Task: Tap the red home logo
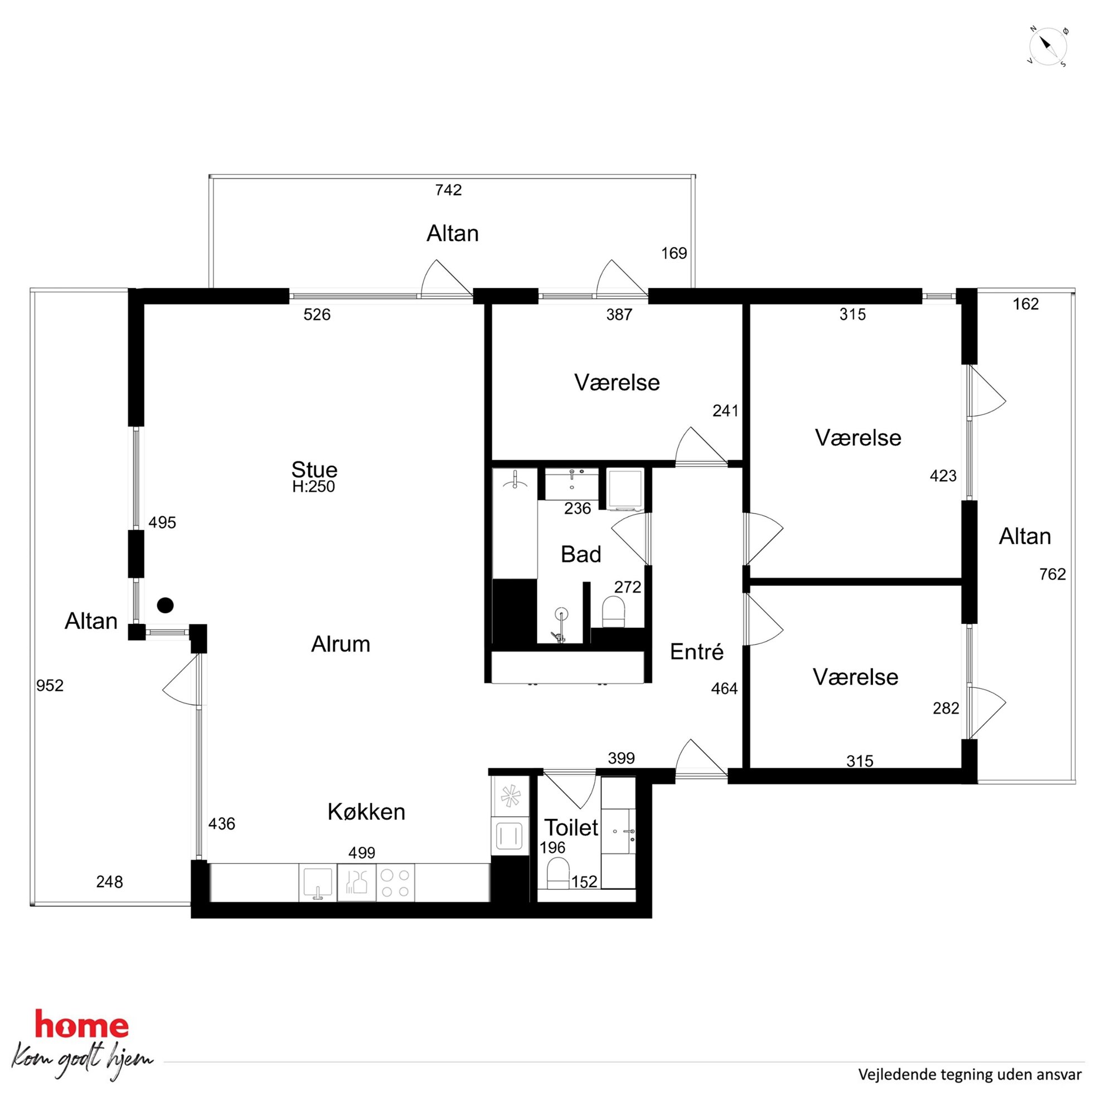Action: [x=81, y=1024]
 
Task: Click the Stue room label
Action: [x=314, y=469]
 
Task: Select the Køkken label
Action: [x=366, y=812]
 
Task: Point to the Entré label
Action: [x=697, y=652]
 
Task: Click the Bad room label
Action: [x=581, y=554]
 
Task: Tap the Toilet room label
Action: [x=571, y=827]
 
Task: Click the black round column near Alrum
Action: [x=166, y=605]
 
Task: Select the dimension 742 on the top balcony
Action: [x=448, y=190]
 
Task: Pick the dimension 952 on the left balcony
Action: [x=50, y=685]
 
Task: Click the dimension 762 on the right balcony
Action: [x=1052, y=574]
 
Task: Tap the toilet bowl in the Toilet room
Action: [x=558, y=874]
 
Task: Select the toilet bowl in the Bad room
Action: [x=613, y=612]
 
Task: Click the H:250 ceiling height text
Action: [x=314, y=487]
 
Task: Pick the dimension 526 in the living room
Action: [x=317, y=314]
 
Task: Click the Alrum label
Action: [x=341, y=644]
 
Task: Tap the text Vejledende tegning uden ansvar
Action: [x=970, y=1075]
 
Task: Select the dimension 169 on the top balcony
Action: [x=674, y=253]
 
